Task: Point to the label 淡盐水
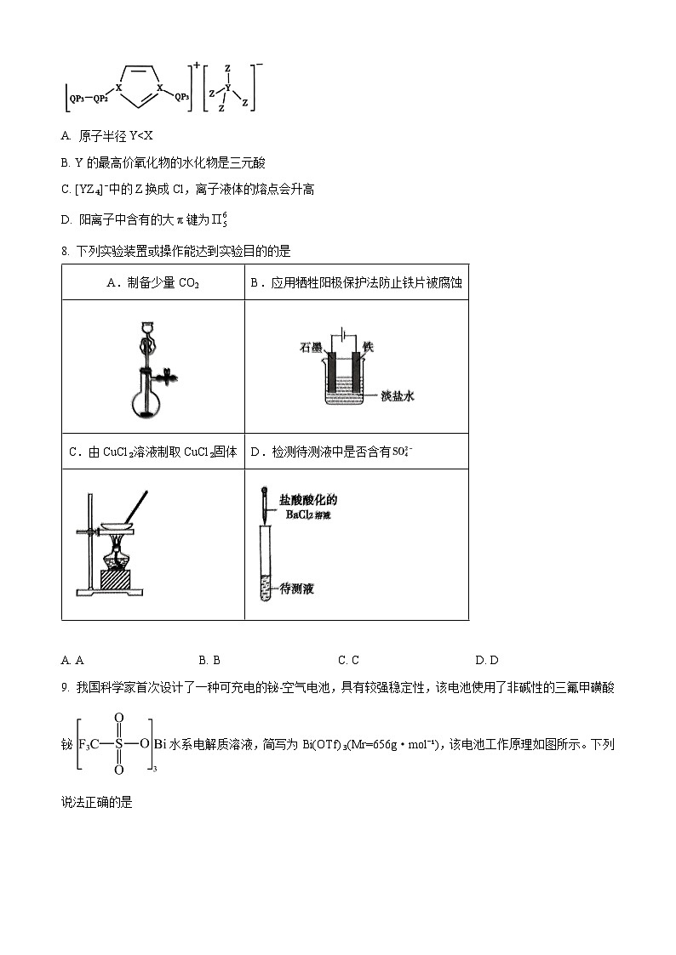397,396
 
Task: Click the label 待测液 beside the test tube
297,588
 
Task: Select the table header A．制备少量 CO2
152,282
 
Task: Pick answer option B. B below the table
209,660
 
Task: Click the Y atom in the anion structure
227,87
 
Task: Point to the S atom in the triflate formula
119,744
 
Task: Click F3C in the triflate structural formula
89,744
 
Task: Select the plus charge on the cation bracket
196,65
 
